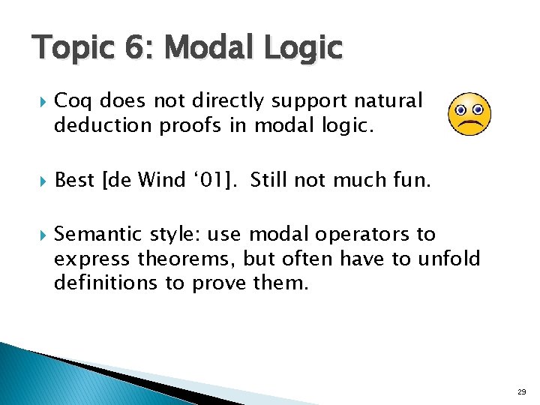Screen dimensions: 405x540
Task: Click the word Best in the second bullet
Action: [75, 180]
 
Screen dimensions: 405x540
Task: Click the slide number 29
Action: [520, 392]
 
